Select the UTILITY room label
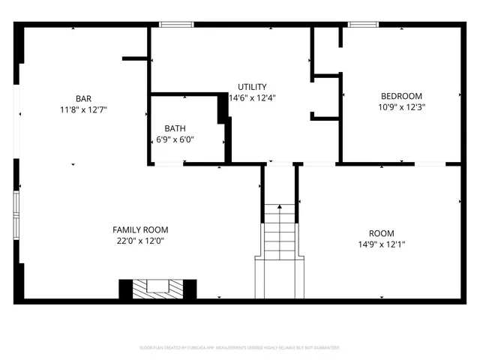[x=252, y=87]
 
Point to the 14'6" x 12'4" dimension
[x=252, y=97]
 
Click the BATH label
[x=175, y=128]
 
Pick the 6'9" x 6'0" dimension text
[x=175, y=139]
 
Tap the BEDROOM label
[x=401, y=96]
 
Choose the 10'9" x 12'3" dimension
[x=401, y=107]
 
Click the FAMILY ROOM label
[x=140, y=230]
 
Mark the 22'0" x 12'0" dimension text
[x=140, y=241]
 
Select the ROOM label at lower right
[x=381, y=233]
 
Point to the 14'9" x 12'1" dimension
[x=381, y=244]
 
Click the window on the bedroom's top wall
[x=361, y=25]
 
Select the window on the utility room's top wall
[x=172, y=25]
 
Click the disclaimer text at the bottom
[x=239, y=348]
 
